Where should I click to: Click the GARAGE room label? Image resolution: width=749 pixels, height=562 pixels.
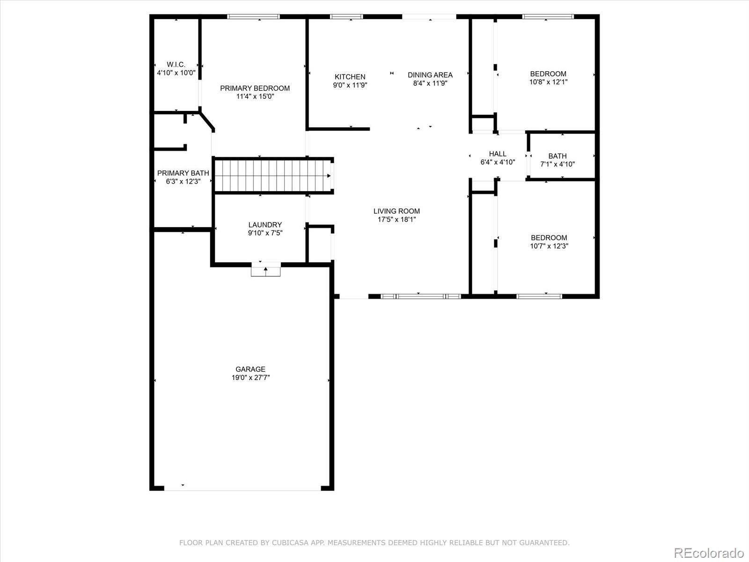250,369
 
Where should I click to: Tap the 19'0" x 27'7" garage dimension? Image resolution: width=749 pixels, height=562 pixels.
250,377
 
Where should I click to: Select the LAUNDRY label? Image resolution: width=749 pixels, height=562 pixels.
265,225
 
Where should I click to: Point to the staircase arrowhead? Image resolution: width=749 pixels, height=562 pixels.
329,176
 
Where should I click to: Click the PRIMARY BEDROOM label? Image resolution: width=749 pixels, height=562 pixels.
255,88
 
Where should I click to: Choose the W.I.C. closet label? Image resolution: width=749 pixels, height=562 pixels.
176,65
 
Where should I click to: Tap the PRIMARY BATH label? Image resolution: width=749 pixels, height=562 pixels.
183,173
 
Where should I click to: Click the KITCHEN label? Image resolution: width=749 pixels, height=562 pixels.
350,77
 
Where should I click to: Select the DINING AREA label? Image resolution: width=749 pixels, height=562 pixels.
430,75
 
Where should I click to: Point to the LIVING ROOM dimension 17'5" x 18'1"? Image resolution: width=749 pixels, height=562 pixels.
397,219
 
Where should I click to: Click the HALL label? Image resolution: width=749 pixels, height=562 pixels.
498,154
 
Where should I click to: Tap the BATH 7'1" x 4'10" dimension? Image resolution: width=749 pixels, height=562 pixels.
558,164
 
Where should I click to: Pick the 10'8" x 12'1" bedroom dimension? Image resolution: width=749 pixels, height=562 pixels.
548,82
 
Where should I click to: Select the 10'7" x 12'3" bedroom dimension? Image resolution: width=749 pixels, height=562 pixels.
549,246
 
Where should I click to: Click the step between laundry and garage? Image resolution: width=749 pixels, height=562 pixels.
266,270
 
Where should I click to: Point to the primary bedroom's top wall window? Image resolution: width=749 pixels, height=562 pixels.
253,16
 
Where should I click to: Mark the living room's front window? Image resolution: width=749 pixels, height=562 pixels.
420,296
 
